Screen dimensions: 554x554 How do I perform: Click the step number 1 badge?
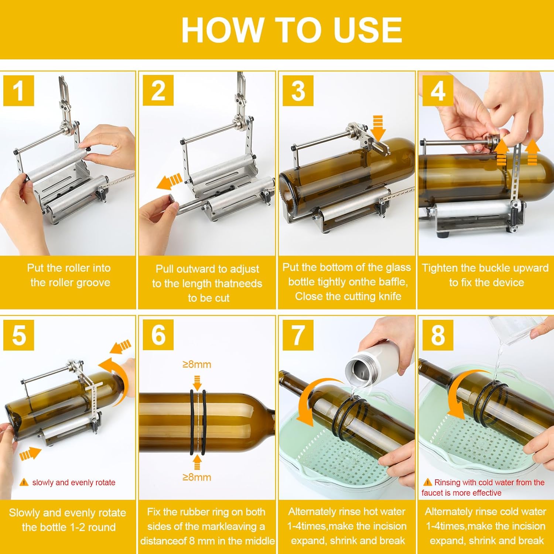[18, 91]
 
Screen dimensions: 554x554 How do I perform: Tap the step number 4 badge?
[438, 91]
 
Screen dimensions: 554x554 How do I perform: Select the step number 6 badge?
[158, 335]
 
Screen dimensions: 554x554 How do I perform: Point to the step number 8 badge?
[438, 335]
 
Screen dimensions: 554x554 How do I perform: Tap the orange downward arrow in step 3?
[378, 128]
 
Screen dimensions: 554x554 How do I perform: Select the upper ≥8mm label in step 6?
[197, 365]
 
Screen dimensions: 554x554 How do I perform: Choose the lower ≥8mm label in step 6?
[197, 477]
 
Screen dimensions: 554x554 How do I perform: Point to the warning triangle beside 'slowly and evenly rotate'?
[24, 482]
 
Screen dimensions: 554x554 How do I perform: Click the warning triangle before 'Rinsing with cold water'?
[428, 482]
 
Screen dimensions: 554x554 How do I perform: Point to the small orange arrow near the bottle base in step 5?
[30, 453]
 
